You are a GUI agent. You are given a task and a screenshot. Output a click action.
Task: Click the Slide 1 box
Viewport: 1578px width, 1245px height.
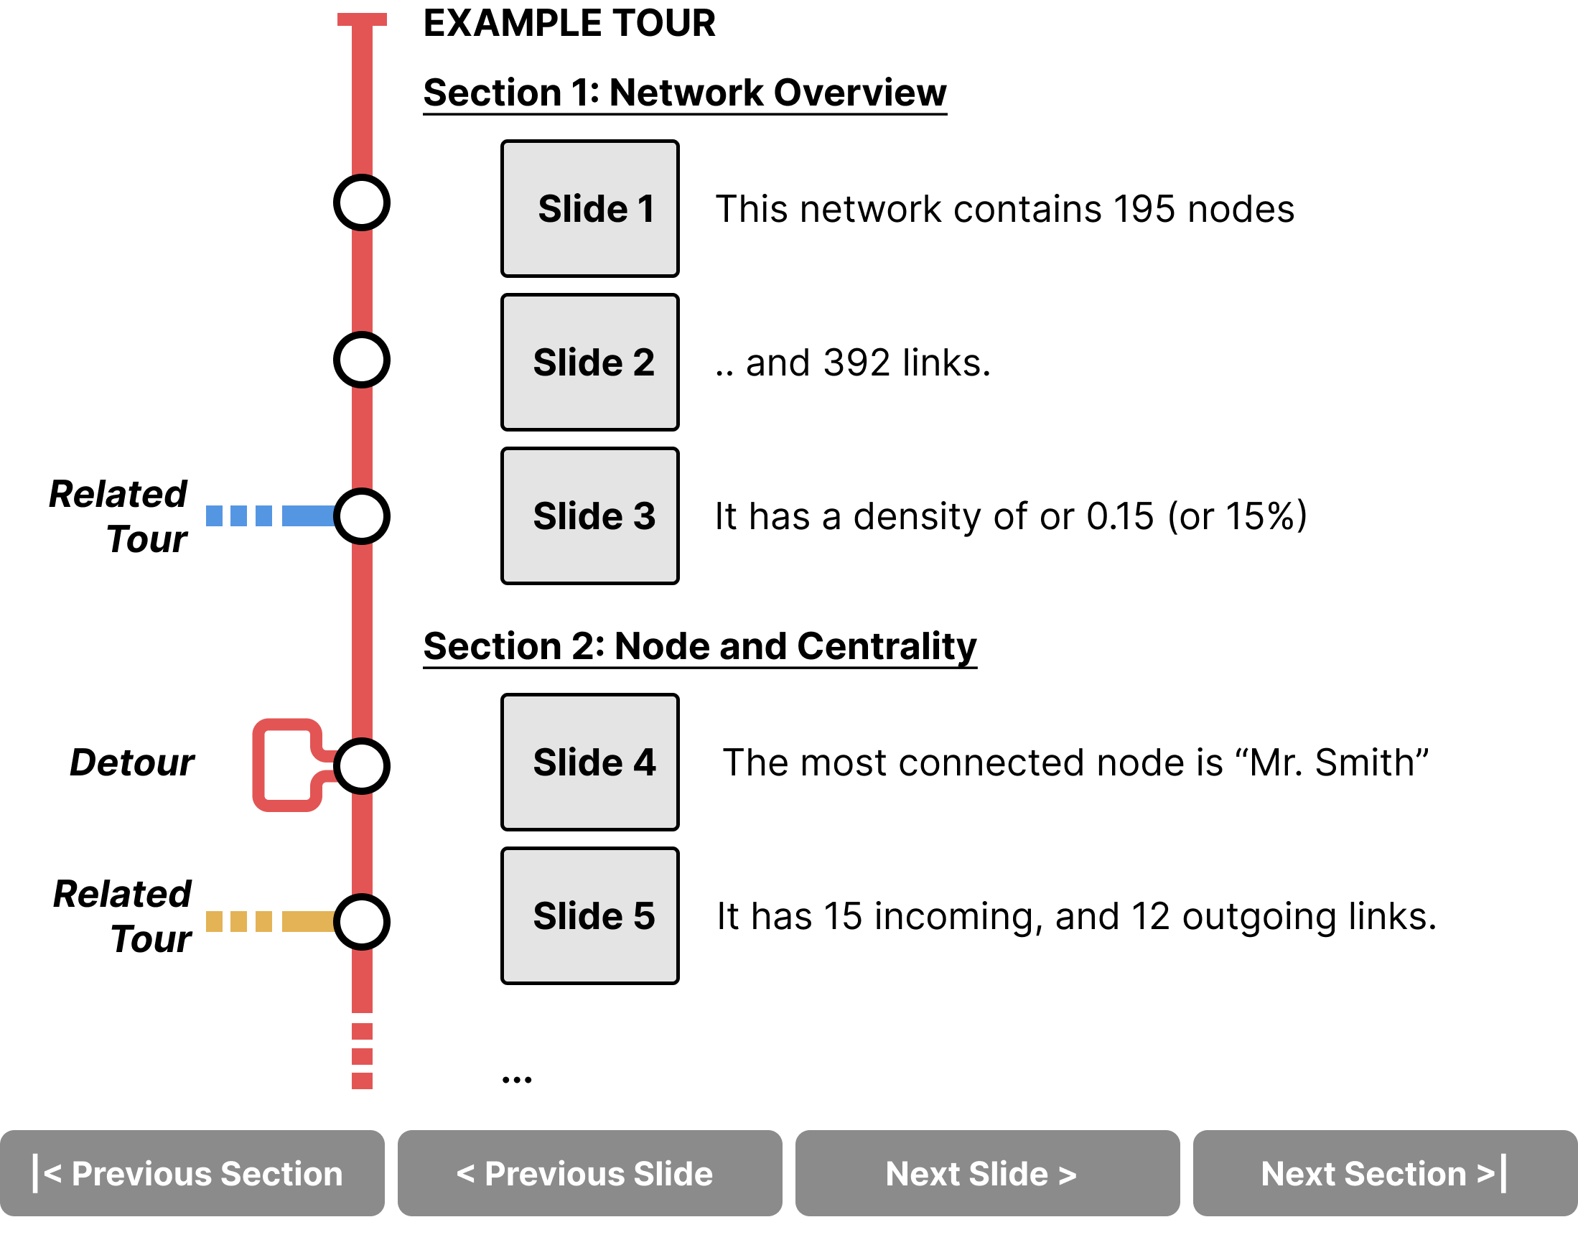point(589,208)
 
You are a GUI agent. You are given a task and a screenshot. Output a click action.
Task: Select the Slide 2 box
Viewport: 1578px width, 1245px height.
point(589,363)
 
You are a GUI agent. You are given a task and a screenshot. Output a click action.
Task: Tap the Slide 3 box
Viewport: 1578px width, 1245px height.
point(589,516)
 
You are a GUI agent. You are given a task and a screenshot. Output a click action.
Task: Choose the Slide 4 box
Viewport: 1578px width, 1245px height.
point(589,763)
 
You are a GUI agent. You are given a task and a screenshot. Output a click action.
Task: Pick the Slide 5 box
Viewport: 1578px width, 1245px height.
point(589,916)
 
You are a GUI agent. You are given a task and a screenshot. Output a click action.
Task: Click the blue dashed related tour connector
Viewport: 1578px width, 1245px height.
point(271,516)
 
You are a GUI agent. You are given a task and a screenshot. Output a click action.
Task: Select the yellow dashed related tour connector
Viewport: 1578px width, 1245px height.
point(271,921)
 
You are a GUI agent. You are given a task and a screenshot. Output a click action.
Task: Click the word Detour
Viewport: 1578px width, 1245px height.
point(132,763)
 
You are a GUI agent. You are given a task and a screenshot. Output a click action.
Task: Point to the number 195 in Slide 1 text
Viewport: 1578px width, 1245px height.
point(1144,209)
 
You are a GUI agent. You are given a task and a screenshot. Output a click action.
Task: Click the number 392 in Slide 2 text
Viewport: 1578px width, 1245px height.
point(856,363)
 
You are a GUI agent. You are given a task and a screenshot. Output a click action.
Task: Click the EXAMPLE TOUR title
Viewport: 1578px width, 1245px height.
point(569,23)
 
